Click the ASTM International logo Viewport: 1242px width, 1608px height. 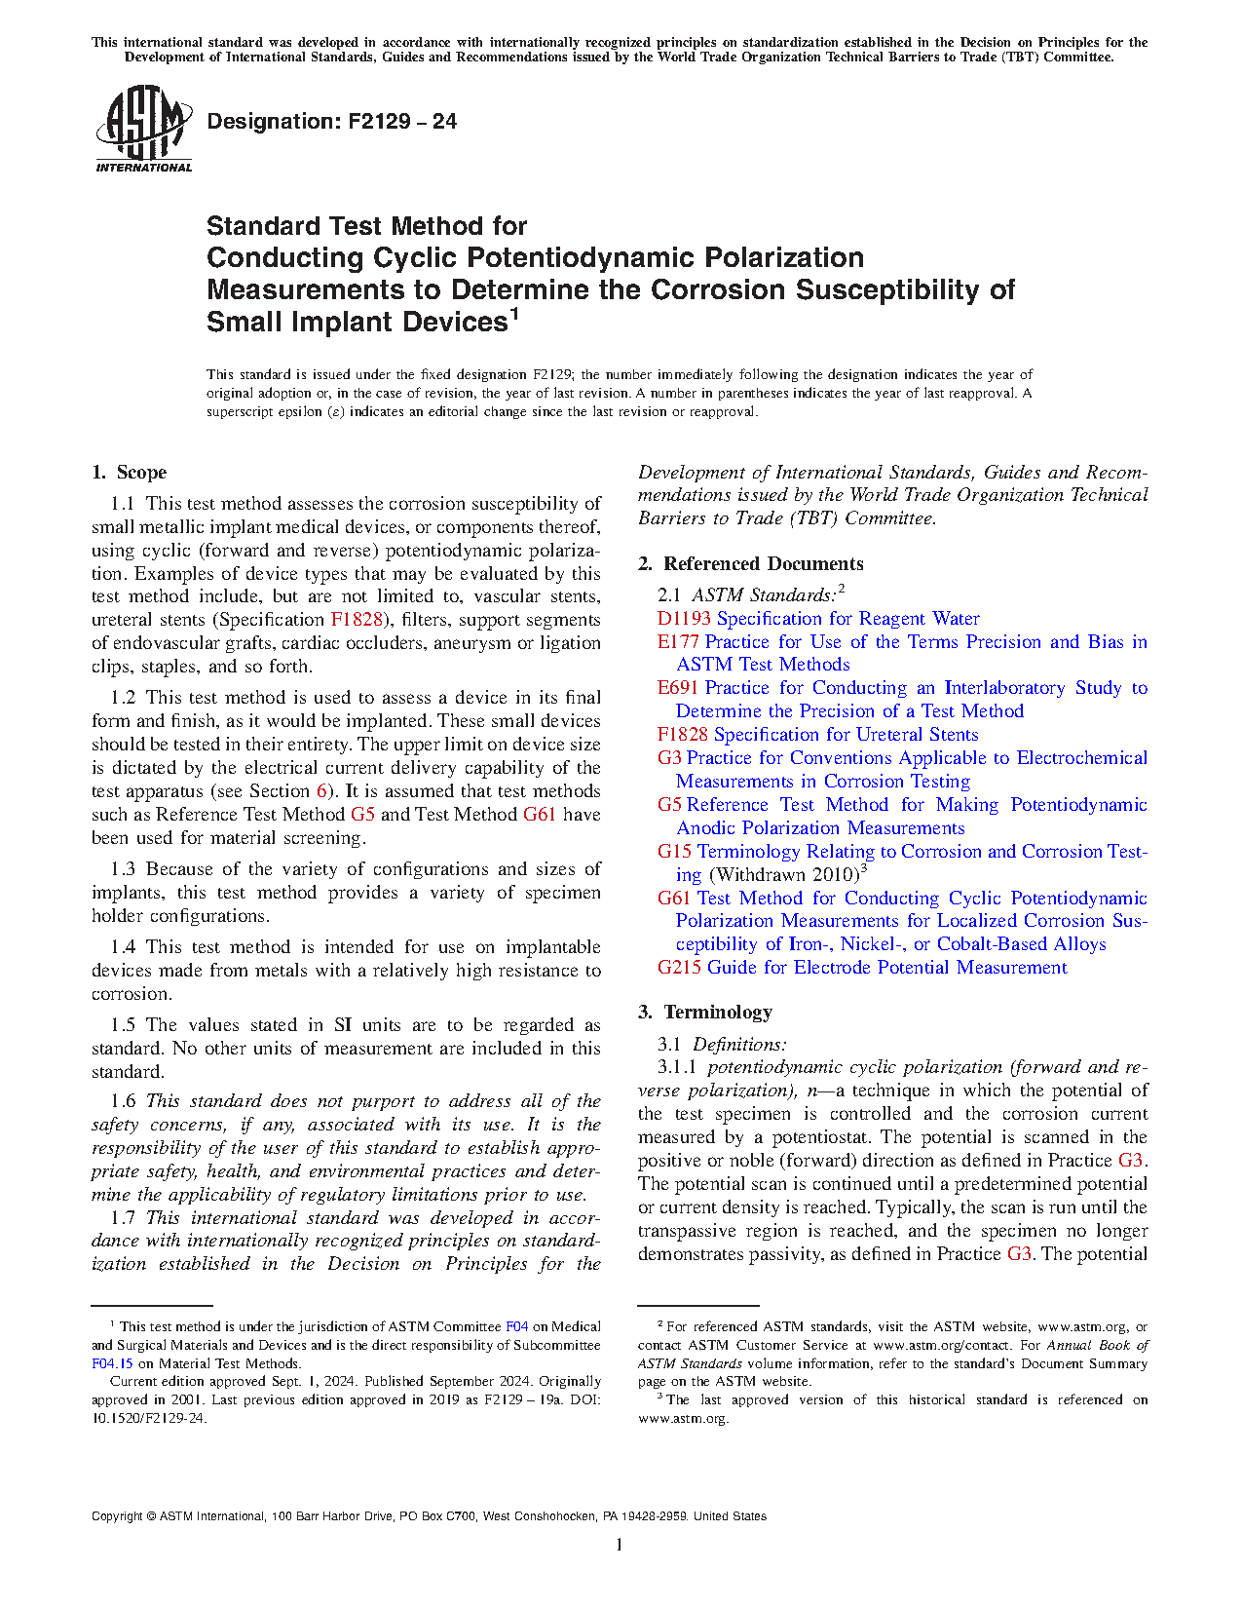point(143,130)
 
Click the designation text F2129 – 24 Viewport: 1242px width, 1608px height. point(331,122)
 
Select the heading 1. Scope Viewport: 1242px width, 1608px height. point(130,473)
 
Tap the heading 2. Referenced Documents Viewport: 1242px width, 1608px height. point(750,564)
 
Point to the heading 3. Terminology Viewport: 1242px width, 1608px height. point(705,1013)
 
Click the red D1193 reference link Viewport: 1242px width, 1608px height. point(684,619)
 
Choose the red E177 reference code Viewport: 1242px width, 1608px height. point(678,642)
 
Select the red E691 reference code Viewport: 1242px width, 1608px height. point(678,688)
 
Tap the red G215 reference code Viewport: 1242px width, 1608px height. point(679,968)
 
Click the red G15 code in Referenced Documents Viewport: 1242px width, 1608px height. point(674,852)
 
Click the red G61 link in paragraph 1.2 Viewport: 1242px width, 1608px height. point(540,815)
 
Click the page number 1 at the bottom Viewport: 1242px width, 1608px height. point(620,1544)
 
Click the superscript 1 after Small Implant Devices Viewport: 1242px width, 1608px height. point(513,314)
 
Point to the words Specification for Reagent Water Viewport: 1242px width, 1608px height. point(847,619)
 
